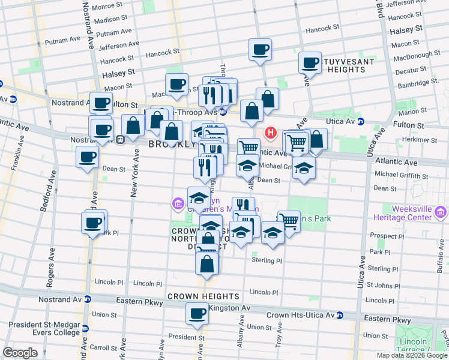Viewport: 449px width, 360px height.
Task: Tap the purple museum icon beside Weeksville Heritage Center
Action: pos(441,211)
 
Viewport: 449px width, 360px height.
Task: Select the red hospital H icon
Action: pos(271,133)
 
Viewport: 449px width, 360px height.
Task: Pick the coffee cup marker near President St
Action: pos(197,313)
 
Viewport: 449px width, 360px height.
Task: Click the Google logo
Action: pos(20,353)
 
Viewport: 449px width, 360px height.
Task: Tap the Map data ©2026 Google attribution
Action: pos(412,355)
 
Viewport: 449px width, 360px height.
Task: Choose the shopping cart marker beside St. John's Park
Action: pos(289,221)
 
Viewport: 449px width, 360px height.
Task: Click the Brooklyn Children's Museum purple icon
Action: pos(178,204)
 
